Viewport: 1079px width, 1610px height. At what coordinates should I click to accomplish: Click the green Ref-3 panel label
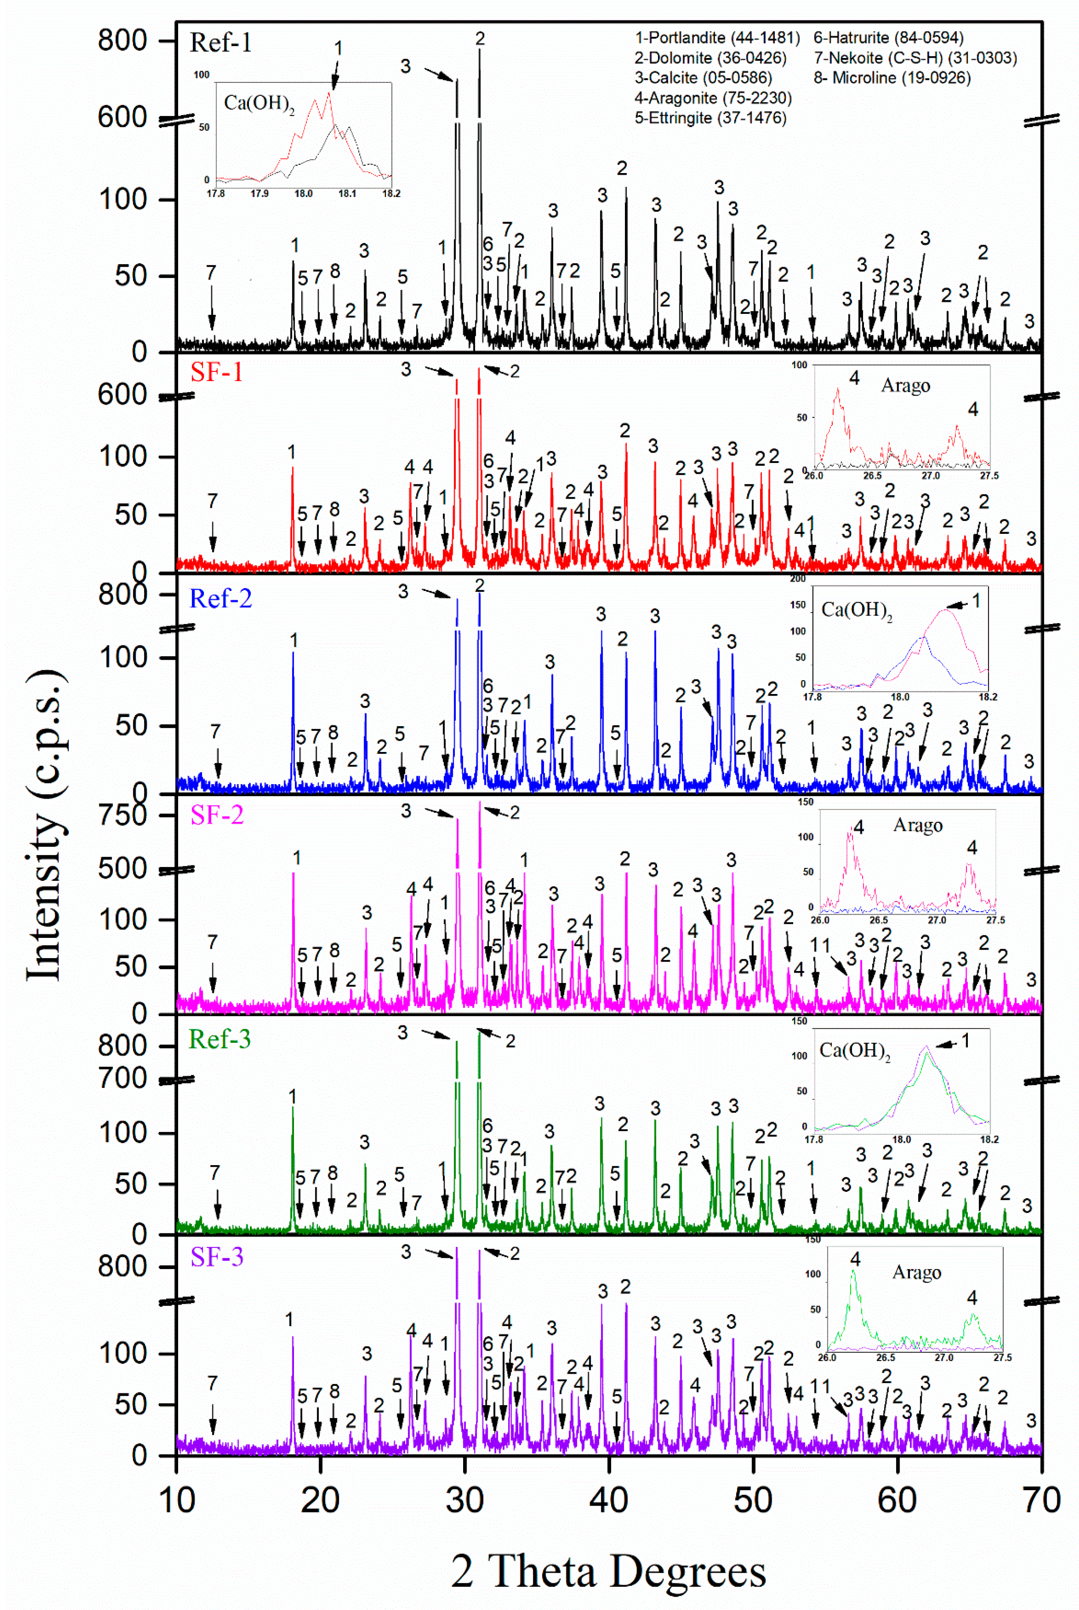(219, 1039)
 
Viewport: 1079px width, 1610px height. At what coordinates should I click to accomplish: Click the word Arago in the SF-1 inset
(906, 386)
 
